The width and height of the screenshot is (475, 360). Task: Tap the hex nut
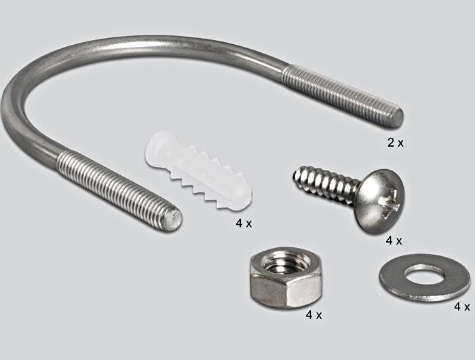point(285,278)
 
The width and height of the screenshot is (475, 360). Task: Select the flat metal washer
point(425,278)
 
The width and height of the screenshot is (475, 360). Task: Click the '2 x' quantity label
point(396,142)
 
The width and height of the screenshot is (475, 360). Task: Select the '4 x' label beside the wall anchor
point(244,223)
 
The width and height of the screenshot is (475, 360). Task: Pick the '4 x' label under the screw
point(394,241)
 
